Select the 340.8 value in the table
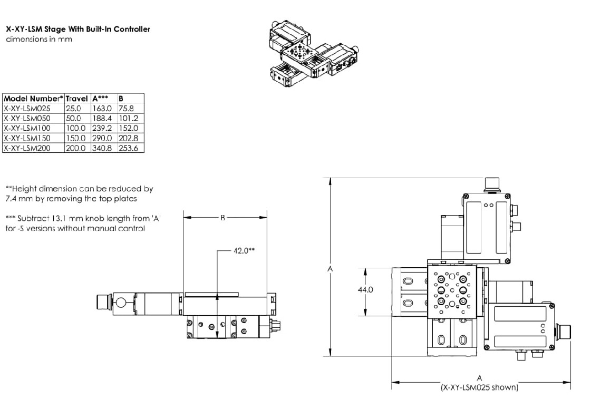coord(101,148)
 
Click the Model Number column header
coord(33,99)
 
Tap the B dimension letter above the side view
coord(225,217)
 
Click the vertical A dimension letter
coord(330,269)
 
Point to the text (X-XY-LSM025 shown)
coord(479,387)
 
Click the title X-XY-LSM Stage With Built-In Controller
coord(77,30)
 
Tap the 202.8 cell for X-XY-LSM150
coord(127,138)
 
